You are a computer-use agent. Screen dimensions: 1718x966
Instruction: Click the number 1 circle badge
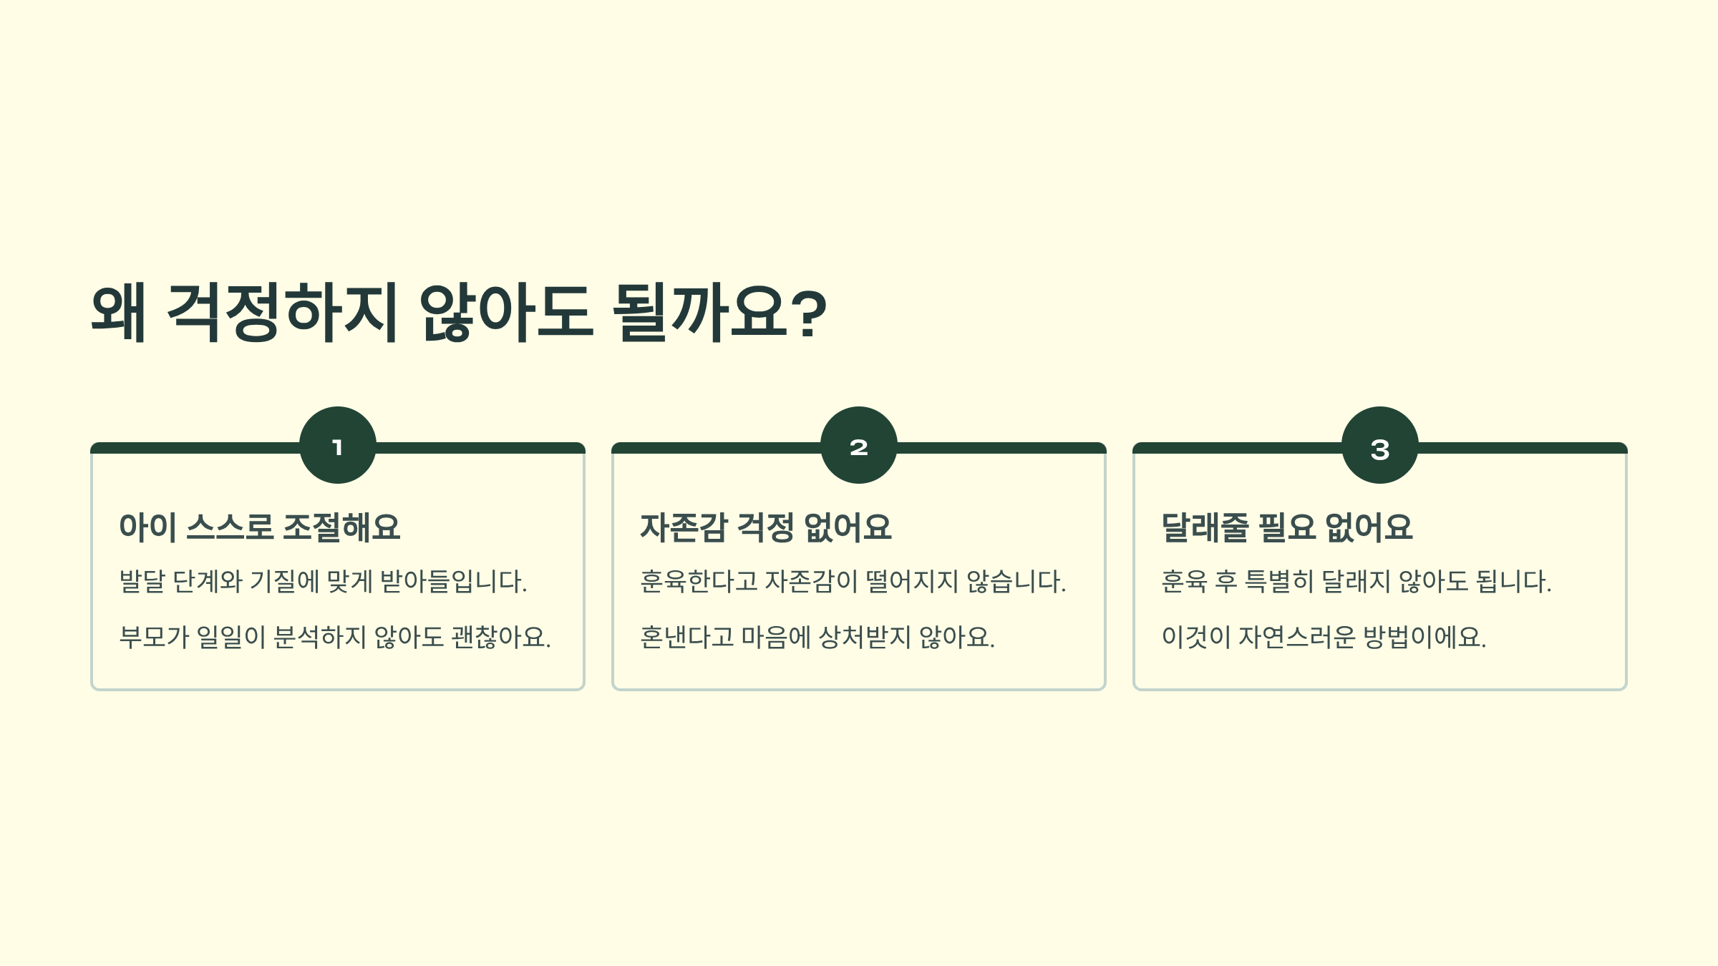pos(338,445)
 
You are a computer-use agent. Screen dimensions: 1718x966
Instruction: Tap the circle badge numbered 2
pos(859,445)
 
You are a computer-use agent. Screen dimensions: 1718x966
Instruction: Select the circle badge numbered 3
pos(1380,445)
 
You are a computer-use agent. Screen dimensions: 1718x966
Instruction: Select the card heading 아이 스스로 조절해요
pos(259,527)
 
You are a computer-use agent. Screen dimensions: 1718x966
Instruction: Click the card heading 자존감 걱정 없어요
pos(765,527)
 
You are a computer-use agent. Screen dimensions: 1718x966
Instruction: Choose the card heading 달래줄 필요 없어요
pos(1286,527)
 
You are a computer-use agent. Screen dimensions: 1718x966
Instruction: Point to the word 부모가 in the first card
pos(154,637)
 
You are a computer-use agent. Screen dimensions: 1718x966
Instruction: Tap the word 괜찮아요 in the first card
pos(500,637)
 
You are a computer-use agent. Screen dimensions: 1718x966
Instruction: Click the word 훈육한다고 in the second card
pos(699,581)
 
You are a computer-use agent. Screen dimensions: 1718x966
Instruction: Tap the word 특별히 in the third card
pos(1279,581)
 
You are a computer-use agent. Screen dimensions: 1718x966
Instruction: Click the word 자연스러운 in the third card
pos(1296,637)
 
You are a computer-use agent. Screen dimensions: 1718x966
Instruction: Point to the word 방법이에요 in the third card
pos(1424,637)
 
